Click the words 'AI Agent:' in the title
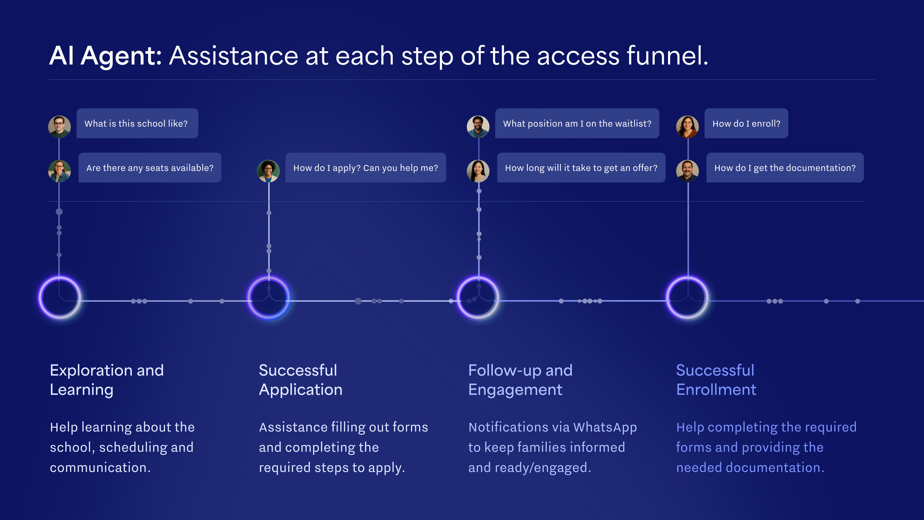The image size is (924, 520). coord(105,56)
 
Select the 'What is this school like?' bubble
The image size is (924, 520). coord(137,123)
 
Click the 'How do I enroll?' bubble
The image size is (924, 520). coord(746,123)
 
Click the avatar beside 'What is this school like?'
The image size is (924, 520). coord(59,127)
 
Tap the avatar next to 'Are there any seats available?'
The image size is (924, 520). coord(59,171)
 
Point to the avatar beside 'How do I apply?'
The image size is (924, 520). coord(268,171)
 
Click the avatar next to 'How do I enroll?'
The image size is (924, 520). coord(687,127)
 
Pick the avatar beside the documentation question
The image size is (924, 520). coord(687,171)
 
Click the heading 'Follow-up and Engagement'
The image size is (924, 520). coord(520,380)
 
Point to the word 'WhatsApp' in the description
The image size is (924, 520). coord(605,427)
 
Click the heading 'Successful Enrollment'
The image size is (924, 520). coord(716,380)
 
